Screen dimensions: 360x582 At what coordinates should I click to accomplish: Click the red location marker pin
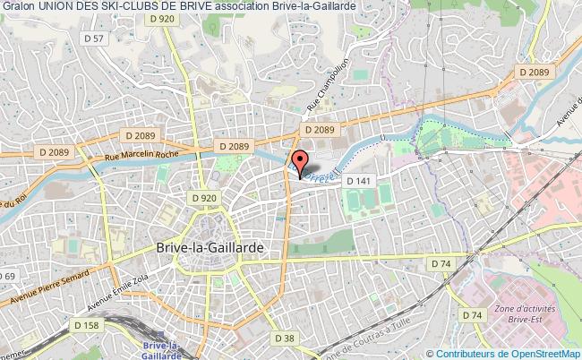point(300,163)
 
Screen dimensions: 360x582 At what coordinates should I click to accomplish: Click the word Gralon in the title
point(20,7)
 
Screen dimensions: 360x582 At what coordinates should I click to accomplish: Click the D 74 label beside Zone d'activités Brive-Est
point(472,315)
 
